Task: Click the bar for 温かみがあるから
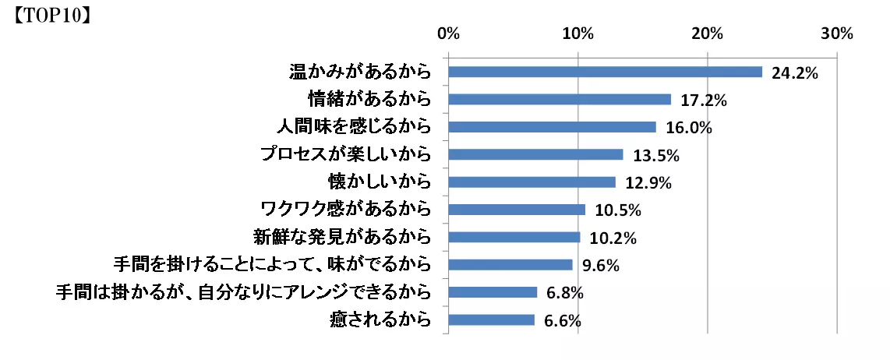[605, 72]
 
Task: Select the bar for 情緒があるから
[560, 100]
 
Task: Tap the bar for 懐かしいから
[532, 182]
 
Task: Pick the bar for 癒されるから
[491, 320]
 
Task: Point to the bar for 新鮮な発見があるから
[514, 237]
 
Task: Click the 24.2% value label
[794, 72]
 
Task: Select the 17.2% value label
[704, 101]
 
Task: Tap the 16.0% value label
[688, 128]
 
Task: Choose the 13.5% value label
[656, 156]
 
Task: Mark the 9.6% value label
[600, 266]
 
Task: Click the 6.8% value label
[565, 293]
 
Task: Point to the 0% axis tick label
[448, 34]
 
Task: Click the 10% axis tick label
[577, 34]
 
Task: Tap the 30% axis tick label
[837, 34]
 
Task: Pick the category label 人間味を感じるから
[354, 127]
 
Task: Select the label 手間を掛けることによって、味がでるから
[272, 265]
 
